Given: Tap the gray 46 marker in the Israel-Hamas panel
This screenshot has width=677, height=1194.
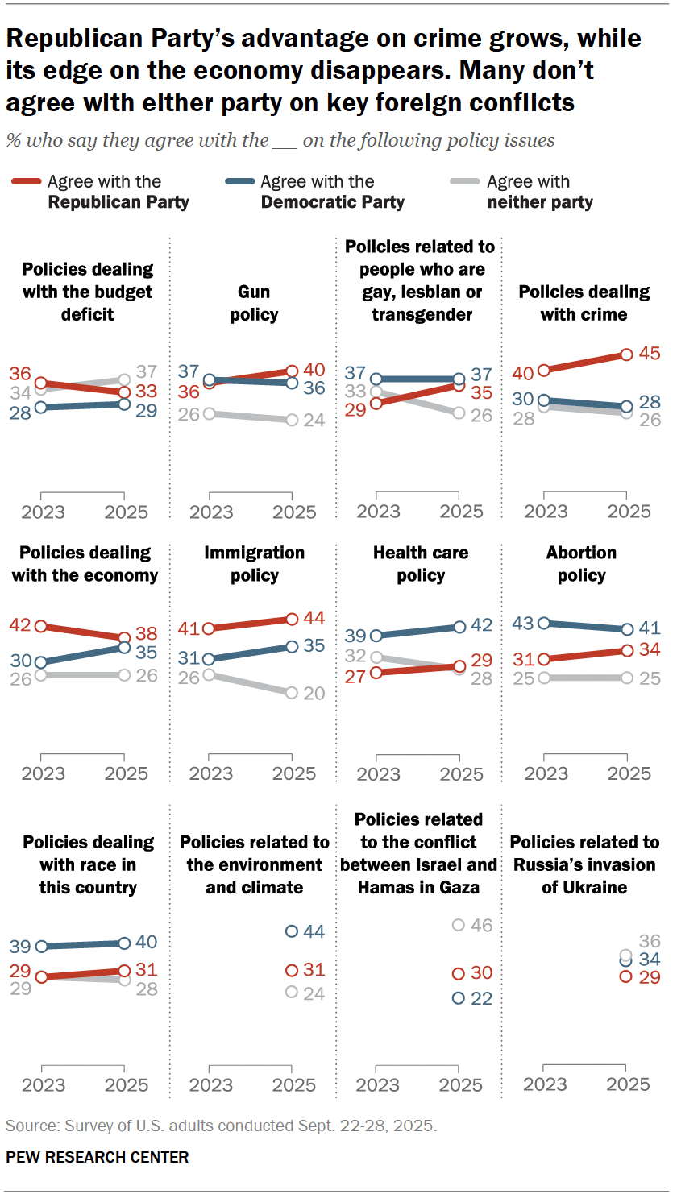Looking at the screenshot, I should pyautogui.click(x=459, y=925).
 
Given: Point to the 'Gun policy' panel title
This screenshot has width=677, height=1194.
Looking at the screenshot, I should pyautogui.click(x=254, y=303).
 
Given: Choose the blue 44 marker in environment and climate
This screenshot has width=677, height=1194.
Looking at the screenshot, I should pyautogui.click(x=292, y=931).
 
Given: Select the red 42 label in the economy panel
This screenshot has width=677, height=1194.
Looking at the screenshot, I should pyautogui.click(x=20, y=626).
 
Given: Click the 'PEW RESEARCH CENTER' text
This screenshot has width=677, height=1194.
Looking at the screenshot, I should pyautogui.click(x=98, y=1157).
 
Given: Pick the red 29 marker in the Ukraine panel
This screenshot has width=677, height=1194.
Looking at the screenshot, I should pyautogui.click(x=626, y=976).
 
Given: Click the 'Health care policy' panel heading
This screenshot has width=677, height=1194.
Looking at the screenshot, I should pyautogui.click(x=421, y=564).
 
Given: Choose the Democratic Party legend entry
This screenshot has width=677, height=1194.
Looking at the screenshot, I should pyautogui.click(x=332, y=192).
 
